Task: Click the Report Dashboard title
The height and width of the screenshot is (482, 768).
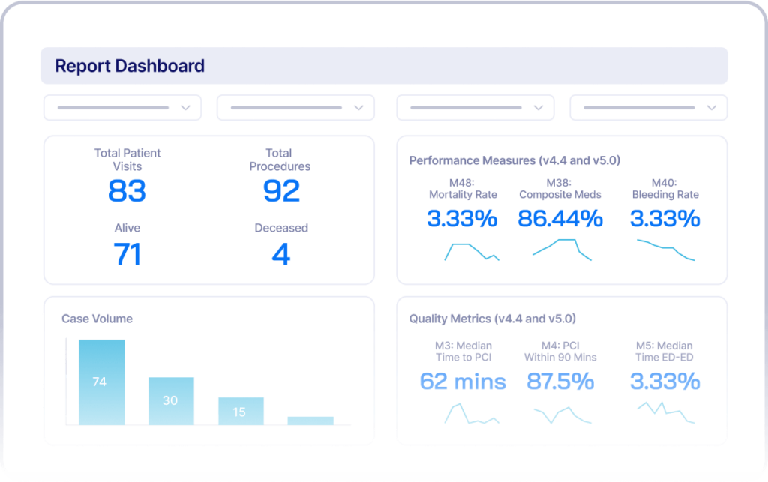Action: click(x=130, y=66)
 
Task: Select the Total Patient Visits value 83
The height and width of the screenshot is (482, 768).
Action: click(x=126, y=191)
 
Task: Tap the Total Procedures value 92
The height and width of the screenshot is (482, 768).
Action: click(x=281, y=191)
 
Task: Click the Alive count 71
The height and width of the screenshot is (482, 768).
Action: click(x=127, y=254)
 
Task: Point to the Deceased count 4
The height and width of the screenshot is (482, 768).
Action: click(x=281, y=254)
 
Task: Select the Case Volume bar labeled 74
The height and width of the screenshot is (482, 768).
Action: click(x=101, y=382)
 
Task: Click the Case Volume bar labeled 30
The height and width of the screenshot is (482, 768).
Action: click(x=171, y=401)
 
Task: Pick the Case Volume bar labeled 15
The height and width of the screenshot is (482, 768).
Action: click(x=241, y=412)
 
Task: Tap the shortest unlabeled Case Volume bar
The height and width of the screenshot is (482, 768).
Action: click(x=310, y=421)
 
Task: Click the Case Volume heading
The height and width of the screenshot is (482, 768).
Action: click(x=97, y=319)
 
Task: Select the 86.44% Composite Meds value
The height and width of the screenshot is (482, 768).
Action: click(x=560, y=219)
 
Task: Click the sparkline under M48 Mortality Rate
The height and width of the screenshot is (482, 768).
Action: click(x=471, y=251)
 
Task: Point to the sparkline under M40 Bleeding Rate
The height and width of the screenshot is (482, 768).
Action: click(x=665, y=250)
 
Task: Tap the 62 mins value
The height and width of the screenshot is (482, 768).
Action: click(x=463, y=381)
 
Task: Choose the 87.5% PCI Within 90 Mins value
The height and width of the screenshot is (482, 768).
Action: click(x=560, y=381)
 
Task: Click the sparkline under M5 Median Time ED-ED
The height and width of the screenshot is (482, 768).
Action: click(x=665, y=412)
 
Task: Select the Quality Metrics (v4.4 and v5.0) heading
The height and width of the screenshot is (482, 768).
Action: click(x=492, y=319)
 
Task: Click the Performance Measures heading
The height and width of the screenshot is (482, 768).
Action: click(x=514, y=160)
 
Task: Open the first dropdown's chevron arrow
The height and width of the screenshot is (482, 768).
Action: click(x=185, y=108)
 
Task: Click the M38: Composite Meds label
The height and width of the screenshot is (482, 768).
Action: click(x=560, y=188)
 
